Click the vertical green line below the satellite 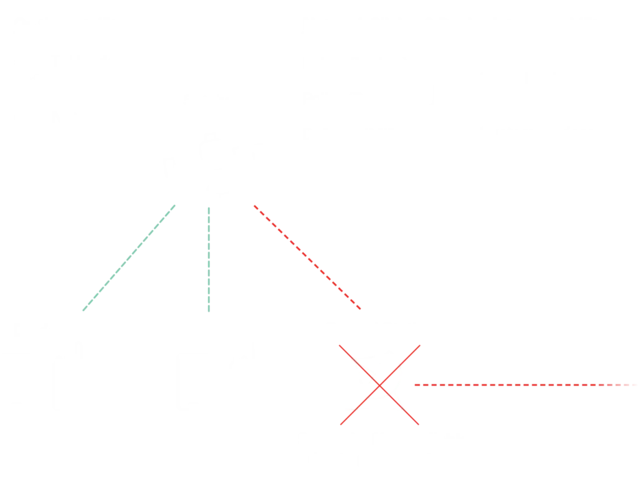coord(211,259)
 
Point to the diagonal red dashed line coord(307,257)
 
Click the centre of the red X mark coord(380,386)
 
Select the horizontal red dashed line coord(526,386)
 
